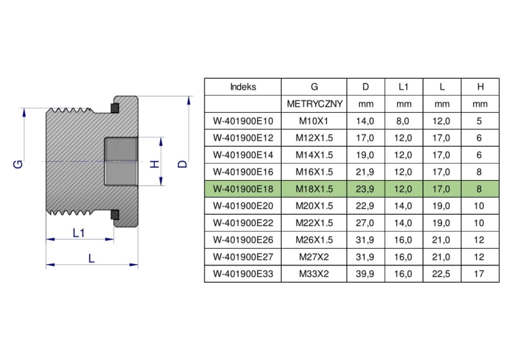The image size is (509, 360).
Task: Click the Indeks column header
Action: [x=243, y=87]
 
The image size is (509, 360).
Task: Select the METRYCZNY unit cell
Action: [x=314, y=104]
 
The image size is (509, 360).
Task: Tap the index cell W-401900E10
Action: [x=243, y=121]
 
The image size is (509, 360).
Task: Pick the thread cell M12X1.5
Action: [x=314, y=138]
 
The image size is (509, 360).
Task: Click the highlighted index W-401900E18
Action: [x=243, y=189]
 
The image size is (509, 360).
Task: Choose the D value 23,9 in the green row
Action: [x=365, y=189]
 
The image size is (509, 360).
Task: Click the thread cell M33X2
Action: [x=314, y=274]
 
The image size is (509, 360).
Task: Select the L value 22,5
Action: [x=441, y=274]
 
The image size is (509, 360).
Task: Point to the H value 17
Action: [x=479, y=274]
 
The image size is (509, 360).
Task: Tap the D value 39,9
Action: [x=365, y=274]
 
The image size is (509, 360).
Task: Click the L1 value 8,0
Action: [x=402, y=121]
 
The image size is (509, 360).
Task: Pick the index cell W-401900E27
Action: [x=243, y=257]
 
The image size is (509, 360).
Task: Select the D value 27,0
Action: [x=365, y=223]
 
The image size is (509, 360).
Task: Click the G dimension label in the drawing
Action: [x=18, y=164]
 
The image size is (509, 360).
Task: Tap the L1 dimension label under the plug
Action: [x=79, y=232]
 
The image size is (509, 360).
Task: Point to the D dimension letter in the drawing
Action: [x=183, y=164]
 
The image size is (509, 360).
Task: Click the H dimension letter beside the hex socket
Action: [x=155, y=164]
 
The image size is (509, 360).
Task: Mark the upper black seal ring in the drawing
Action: [x=115, y=108]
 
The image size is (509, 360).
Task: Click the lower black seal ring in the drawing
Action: [x=115, y=215]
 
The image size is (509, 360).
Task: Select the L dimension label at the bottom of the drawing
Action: [x=92, y=259]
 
